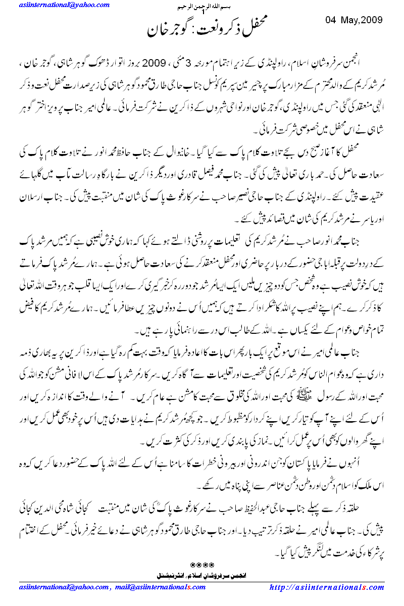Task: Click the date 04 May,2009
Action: click(353, 20)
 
